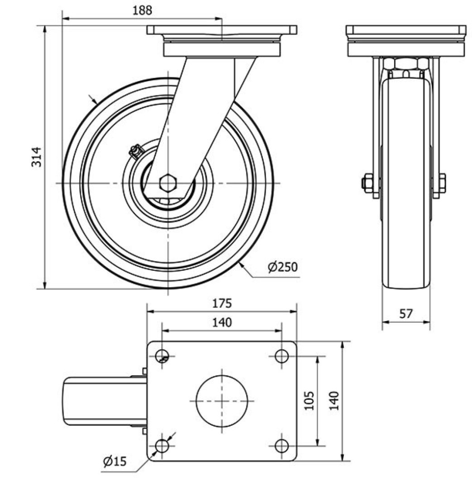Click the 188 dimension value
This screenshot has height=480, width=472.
click(142, 10)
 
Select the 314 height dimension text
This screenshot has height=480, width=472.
click(37, 157)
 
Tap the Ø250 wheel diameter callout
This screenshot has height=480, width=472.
click(282, 267)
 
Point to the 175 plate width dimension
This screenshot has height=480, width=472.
click(222, 303)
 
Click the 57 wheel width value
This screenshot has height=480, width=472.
click(406, 313)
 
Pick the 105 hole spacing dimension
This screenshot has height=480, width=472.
click(310, 400)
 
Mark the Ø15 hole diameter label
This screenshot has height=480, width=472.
click(115, 461)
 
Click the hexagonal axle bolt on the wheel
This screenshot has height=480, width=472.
click(168, 183)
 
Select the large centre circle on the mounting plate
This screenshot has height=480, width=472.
click(222, 401)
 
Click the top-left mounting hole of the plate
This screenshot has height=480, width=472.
click(162, 356)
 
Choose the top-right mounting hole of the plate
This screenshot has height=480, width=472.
click(281, 356)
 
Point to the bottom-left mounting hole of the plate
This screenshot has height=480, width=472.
click(162, 446)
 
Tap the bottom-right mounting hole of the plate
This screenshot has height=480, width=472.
click(281, 446)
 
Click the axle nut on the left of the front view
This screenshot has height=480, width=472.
click(367, 183)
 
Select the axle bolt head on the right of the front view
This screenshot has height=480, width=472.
click(442, 183)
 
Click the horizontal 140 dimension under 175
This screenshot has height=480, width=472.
click(222, 322)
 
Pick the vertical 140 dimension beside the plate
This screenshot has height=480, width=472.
click(334, 400)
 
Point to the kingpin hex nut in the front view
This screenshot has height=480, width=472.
click(405, 64)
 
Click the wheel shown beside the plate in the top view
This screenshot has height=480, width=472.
click(105, 401)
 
